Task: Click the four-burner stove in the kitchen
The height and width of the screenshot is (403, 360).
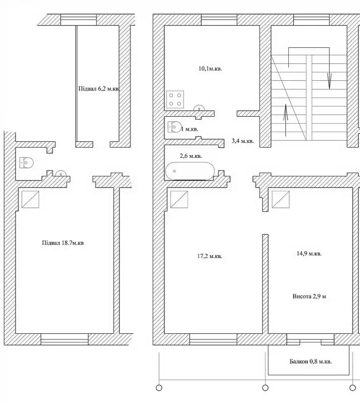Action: coord(175,99)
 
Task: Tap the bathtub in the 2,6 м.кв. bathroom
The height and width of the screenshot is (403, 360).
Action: coord(190,171)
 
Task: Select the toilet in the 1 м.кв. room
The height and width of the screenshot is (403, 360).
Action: coord(174,127)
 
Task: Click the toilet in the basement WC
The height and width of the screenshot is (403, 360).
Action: coord(27,163)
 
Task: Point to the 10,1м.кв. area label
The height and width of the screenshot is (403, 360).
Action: coord(210,69)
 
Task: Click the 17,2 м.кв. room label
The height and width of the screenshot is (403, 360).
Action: coord(210,256)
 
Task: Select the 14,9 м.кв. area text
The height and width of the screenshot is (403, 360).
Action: coord(309,253)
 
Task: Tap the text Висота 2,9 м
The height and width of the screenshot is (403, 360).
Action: coord(309,296)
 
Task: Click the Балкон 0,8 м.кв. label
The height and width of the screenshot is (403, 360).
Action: coord(311,361)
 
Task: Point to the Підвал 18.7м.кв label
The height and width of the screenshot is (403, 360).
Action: coord(63,243)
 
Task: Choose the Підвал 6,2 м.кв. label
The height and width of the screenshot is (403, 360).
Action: coord(99,89)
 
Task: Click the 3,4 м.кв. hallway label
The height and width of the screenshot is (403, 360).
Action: coord(243,141)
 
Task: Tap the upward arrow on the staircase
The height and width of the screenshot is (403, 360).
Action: coord(286,120)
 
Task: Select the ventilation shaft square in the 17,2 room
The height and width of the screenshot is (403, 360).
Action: coord(179,199)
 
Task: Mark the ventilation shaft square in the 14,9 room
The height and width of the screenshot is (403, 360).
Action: coord(281,199)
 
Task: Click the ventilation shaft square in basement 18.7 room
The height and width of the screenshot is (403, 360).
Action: coord(31,199)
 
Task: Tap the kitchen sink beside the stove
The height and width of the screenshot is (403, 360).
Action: coord(199,108)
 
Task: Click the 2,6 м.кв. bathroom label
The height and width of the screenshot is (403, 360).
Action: coord(191,156)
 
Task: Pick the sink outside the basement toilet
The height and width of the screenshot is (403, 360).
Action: coord(61,174)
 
